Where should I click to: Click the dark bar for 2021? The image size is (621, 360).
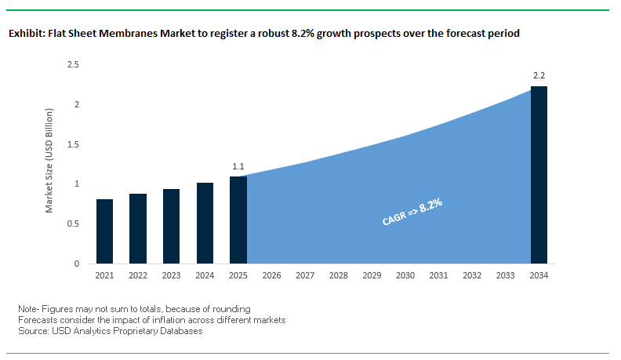coord(105,231)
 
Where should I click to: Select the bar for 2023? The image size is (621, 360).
coord(172,227)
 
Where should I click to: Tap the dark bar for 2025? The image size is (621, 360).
coord(238,220)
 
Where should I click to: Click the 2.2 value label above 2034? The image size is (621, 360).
coord(539,76)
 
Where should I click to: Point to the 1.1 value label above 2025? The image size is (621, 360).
coord(238,166)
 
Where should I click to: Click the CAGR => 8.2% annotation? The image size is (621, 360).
coord(412,213)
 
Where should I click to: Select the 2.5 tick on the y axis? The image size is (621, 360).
coord(74,64)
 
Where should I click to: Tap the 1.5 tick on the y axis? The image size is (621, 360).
coord(74,144)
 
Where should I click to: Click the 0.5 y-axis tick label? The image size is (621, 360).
coord(74,224)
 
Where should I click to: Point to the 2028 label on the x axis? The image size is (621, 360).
coord(339,276)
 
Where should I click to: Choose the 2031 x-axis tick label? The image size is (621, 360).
coord(439,276)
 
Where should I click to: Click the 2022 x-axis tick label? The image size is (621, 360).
coord(138,276)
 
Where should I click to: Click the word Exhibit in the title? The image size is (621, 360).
coord(25,35)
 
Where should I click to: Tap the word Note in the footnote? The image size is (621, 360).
coord(28,309)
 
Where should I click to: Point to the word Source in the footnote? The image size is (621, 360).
coord(32,331)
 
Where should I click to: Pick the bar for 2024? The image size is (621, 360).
coord(205,224)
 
